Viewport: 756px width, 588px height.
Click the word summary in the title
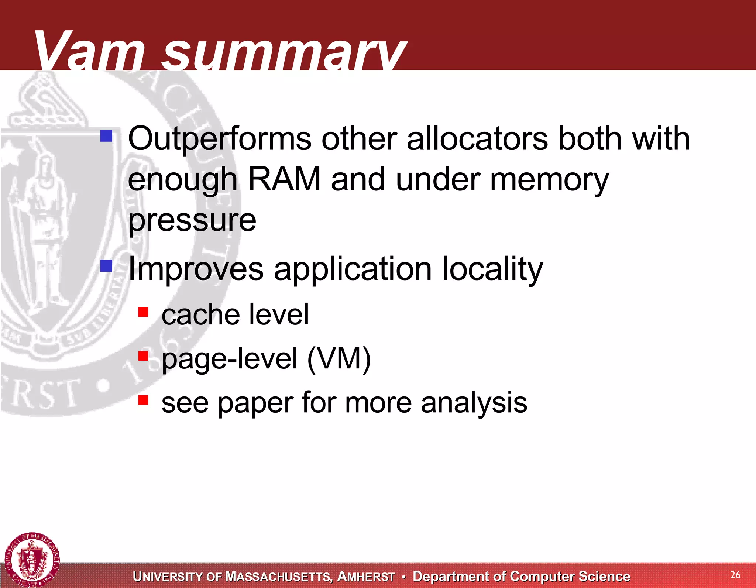pyautogui.click(x=284, y=54)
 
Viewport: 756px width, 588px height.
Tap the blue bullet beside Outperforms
pyautogui.click(x=106, y=136)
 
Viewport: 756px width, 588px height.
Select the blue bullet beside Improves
pyautogui.click(x=106, y=266)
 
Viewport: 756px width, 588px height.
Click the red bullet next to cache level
pyautogui.click(x=143, y=312)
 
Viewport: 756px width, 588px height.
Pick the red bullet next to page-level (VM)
pyautogui.click(x=143, y=356)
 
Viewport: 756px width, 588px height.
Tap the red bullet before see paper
pyautogui.click(x=143, y=400)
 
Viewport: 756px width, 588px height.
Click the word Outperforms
pyautogui.click(x=220, y=140)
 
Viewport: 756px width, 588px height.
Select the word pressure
pyautogui.click(x=192, y=221)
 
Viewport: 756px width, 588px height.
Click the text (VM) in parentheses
pyautogui.click(x=339, y=359)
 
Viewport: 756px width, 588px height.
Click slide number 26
pyautogui.click(x=735, y=575)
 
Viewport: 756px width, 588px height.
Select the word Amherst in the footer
pyautogui.click(x=366, y=577)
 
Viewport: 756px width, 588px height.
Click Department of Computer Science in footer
pyautogui.click(x=521, y=576)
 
